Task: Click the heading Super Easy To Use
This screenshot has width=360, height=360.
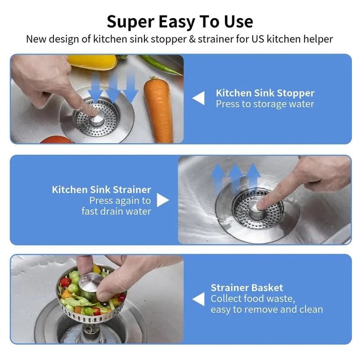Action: (180, 21)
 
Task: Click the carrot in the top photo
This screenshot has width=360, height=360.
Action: (158, 110)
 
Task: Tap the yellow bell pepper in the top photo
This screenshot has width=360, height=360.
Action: (92, 61)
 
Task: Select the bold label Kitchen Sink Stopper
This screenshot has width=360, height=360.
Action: (265, 93)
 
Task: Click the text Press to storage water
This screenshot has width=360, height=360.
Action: (265, 104)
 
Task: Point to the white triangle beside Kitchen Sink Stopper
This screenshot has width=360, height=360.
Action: (198, 98)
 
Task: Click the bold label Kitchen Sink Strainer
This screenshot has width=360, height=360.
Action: (101, 189)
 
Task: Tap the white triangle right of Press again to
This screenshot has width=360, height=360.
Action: (162, 200)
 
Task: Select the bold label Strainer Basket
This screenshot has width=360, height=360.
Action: (247, 288)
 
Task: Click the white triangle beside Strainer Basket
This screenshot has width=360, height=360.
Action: (198, 299)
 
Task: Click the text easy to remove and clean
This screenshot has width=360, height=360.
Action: (266, 310)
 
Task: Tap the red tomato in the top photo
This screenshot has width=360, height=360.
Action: (56, 139)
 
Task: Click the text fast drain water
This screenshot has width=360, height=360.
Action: (116, 211)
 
